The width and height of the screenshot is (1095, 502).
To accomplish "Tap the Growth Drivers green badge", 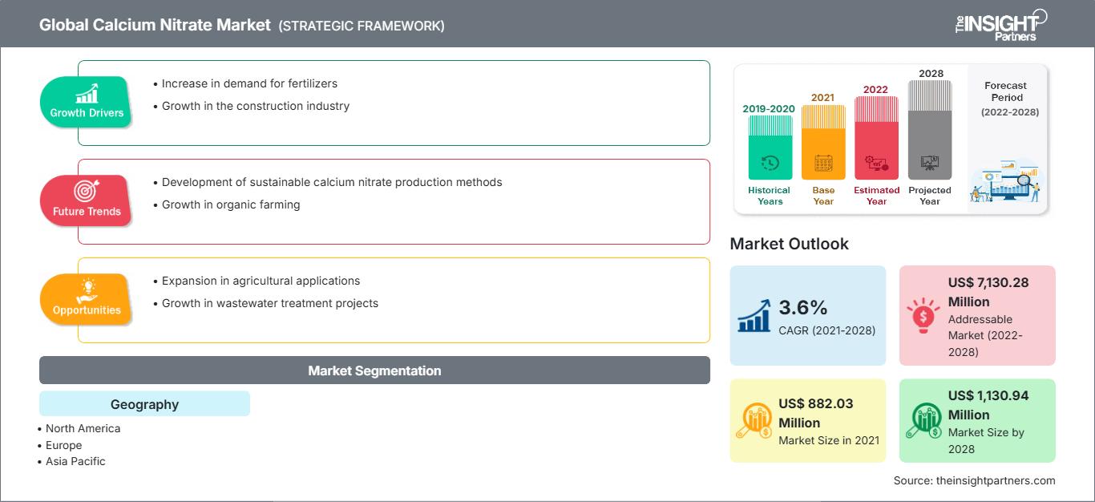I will click(x=87, y=102).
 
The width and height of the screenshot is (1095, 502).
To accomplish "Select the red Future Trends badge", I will click(x=87, y=200).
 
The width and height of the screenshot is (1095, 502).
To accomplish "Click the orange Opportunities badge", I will click(x=87, y=299).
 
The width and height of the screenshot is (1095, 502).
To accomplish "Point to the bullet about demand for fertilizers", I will click(x=249, y=83).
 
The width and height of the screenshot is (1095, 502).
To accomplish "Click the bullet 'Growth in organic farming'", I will click(x=231, y=204).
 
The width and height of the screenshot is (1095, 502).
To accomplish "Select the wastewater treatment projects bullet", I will click(x=269, y=303).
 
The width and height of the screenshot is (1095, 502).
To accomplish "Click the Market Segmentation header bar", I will click(x=374, y=370).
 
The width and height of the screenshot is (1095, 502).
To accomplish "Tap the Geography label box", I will click(x=144, y=404).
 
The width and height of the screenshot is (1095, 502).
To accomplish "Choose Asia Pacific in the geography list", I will click(x=75, y=461).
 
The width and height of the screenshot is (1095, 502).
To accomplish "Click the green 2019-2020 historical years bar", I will click(x=770, y=148).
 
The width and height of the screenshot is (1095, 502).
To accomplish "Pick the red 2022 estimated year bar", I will click(x=876, y=138).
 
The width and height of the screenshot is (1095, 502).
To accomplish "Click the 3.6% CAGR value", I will click(x=802, y=307).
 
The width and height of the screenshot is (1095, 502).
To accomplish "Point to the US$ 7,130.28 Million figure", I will click(x=988, y=292).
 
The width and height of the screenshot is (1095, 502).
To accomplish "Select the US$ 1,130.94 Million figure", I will click(x=988, y=405).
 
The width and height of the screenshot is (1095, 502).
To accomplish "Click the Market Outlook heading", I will click(x=789, y=244).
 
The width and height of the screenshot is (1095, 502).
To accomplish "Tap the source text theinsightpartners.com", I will click(x=974, y=480).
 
